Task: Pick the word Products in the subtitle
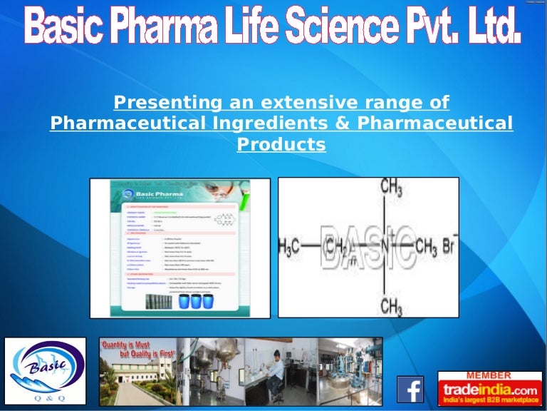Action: (281, 144)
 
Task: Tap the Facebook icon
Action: (410, 390)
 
